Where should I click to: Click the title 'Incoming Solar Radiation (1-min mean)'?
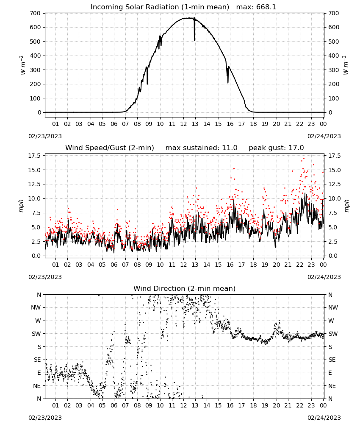(160, 7)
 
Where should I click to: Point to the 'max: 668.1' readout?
(256, 7)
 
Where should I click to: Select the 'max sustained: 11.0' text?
(201, 148)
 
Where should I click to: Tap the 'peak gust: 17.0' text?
(276, 148)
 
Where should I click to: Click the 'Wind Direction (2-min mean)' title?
(185, 288)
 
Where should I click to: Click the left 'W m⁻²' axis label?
(23, 65)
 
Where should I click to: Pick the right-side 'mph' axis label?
(347, 206)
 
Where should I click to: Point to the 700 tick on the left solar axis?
(35, 13)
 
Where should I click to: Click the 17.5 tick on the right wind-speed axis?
(335, 156)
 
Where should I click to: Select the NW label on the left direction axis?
(36, 308)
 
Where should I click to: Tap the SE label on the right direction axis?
(332, 360)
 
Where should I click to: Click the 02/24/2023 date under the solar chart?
(324, 136)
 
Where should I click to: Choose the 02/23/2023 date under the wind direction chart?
(45, 418)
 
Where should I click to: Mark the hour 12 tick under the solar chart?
(183, 124)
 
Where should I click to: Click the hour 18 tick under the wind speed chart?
(253, 265)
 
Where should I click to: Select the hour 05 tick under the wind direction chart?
(102, 405)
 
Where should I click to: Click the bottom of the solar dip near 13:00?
(194, 40)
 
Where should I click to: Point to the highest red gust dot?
(304, 159)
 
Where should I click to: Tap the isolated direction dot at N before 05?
(99, 295)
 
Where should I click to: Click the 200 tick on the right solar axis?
(334, 84)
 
